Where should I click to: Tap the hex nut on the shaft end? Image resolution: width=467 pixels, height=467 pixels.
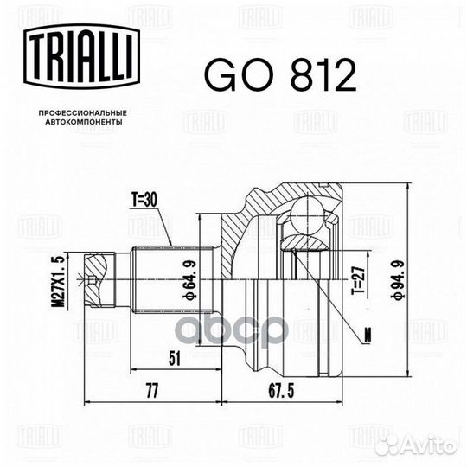[x=97, y=278]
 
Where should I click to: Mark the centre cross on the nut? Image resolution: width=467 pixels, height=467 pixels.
[x=86, y=278]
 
